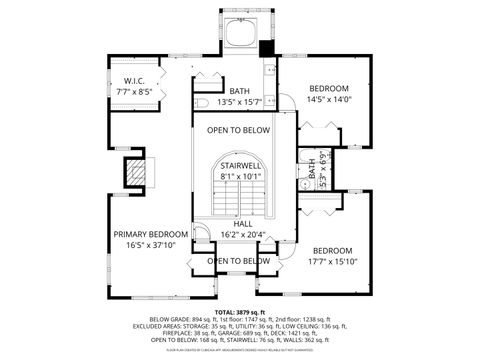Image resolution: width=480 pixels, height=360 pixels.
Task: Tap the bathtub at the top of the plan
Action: (240, 32)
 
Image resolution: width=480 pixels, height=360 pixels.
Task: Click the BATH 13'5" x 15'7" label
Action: (240, 97)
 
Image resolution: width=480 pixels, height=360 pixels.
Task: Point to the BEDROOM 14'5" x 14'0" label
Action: (329, 94)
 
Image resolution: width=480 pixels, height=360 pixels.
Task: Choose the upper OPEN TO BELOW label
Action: (239, 131)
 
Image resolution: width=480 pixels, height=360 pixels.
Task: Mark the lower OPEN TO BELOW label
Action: (239, 261)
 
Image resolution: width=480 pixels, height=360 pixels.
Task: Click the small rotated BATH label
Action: (312, 175)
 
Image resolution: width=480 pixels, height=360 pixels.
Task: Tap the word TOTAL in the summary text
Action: (228, 313)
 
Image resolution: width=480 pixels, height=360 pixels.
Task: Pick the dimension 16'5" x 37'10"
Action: (144, 244)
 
